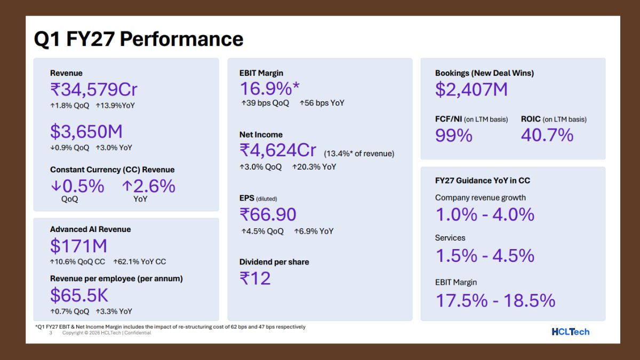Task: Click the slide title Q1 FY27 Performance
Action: click(139, 39)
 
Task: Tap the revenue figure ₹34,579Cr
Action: click(94, 90)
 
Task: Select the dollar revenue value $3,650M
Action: click(86, 131)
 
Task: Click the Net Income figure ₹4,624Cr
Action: click(278, 150)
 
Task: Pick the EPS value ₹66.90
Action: click(268, 214)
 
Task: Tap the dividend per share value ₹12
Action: click(255, 278)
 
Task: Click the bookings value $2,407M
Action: click(471, 90)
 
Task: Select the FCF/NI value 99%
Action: click(454, 135)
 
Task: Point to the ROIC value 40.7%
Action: click(547, 135)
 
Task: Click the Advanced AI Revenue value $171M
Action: click(78, 246)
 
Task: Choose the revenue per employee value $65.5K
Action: click(79, 295)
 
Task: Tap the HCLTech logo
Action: click(571, 332)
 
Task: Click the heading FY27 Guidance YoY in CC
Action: click(482, 181)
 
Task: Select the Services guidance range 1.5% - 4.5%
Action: click(485, 255)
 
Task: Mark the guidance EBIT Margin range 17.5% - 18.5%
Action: click(495, 301)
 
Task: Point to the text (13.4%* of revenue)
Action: click(359, 154)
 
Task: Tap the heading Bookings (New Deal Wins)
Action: click(484, 73)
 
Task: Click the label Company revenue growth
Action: click(481, 198)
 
